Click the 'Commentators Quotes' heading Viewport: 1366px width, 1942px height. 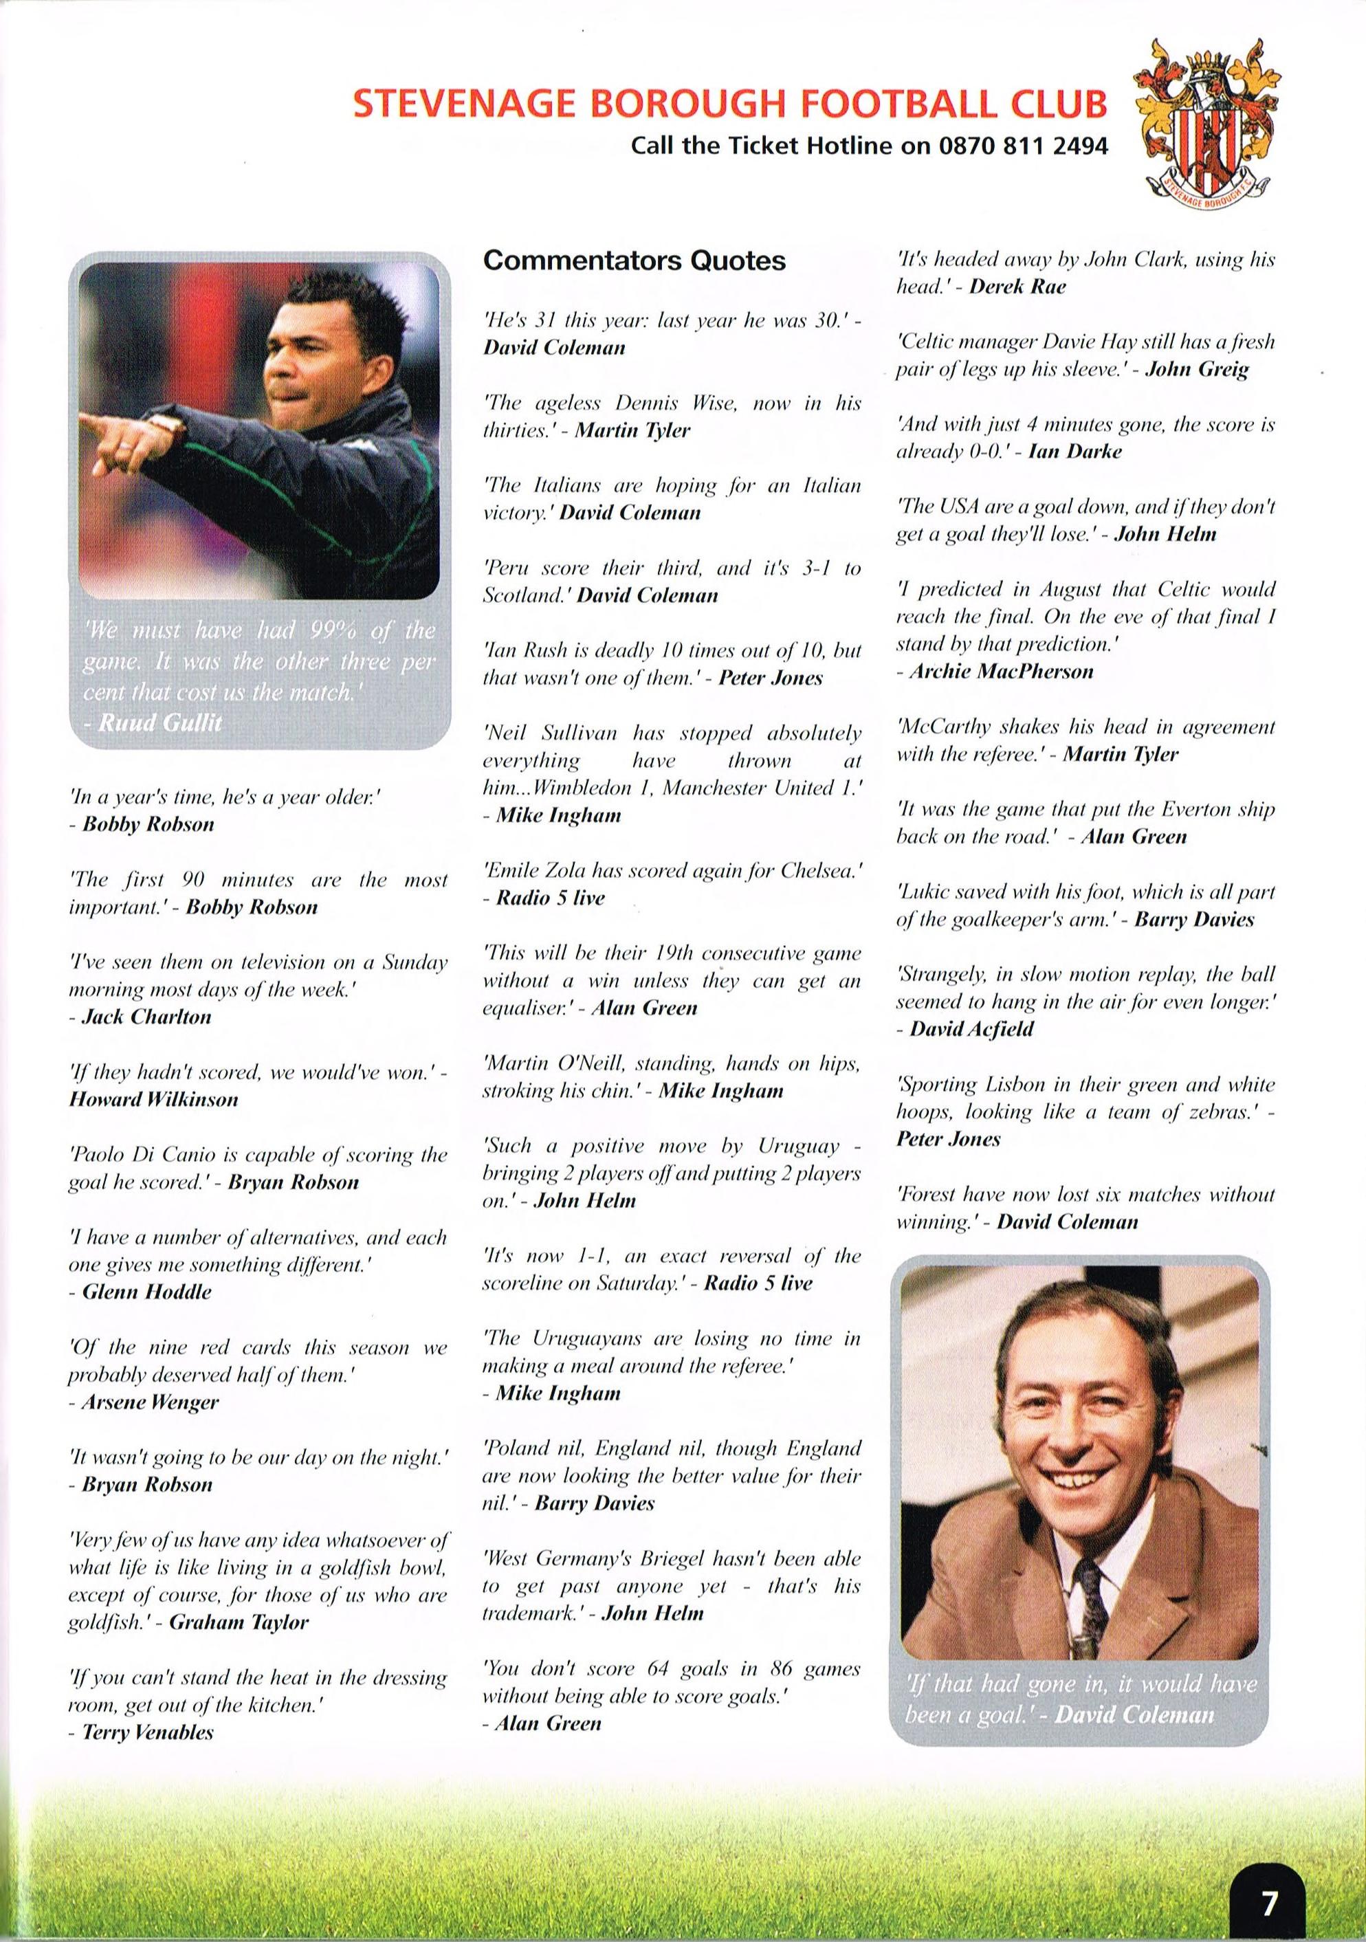coord(635,261)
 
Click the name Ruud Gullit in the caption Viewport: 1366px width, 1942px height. coord(160,722)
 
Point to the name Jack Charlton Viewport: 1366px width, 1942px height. coord(146,1017)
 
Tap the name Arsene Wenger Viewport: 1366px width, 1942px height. coord(150,1402)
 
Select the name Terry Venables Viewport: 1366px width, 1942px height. coord(148,1732)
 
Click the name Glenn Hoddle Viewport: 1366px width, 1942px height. coord(146,1292)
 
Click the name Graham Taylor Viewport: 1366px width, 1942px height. coord(239,1622)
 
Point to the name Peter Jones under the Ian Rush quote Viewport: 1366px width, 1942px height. coord(771,678)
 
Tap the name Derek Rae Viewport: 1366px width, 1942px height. coord(1017,286)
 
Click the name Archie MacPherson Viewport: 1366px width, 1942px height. coord(1002,672)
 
